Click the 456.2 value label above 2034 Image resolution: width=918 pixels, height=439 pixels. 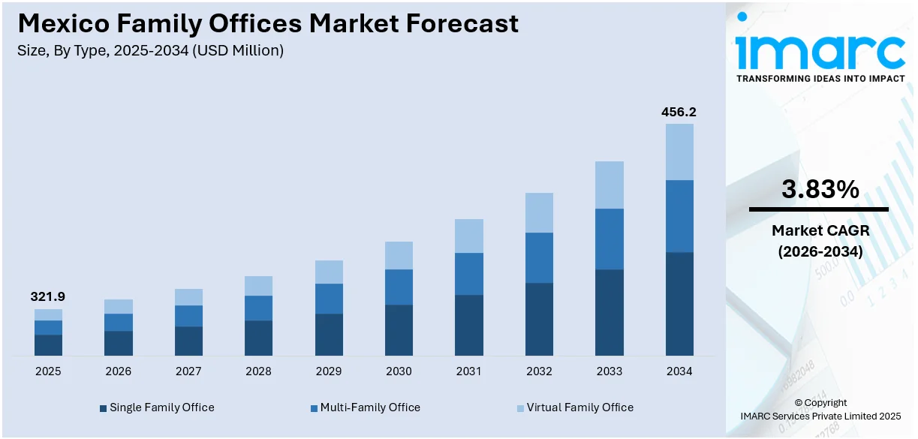click(679, 112)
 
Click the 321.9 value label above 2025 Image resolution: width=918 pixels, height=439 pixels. click(48, 297)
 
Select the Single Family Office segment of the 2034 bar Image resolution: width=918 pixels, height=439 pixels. click(679, 303)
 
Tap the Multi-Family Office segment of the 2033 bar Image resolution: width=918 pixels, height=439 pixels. click(609, 239)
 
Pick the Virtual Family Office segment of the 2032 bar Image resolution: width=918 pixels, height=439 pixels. click(539, 212)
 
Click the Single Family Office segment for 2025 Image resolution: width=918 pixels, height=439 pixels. click(48, 344)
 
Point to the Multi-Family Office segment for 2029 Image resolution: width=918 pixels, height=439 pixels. click(329, 298)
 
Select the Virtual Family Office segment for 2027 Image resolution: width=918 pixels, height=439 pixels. click(188, 297)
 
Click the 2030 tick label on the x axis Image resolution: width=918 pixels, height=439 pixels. click(399, 371)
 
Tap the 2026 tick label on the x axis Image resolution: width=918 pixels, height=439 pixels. click(118, 371)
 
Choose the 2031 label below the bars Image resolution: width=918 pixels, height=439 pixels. click(468, 371)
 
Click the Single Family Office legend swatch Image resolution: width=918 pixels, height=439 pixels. click(103, 408)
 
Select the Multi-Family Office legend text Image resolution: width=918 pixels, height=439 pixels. click(370, 407)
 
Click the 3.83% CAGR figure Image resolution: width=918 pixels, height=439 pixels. click(820, 189)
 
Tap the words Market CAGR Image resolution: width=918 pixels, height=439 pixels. click(819, 231)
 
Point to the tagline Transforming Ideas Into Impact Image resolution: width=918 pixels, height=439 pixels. click(820, 78)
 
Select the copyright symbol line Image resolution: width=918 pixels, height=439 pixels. click(820, 403)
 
